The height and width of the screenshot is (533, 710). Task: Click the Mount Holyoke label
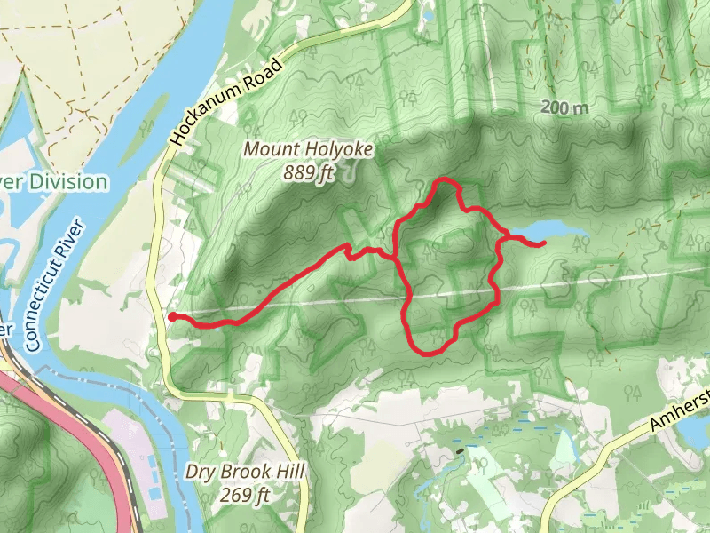pyautogui.click(x=309, y=150)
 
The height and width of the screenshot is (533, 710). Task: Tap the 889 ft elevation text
pyautogui.click(x=309, y=172)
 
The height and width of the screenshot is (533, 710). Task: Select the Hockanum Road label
pyautogui.click(x=228, y=101)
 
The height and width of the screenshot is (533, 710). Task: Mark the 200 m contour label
pyautogui.click(x=565, y=107)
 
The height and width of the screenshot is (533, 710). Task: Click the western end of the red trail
pyautogui.click(x=170, y=315)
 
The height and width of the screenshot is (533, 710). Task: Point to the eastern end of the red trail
pyautogui.click(x=543, y=242)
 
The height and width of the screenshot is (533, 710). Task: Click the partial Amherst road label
pyautogui.click(x=679, y=410)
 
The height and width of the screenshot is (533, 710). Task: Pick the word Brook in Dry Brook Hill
pyautogui.click(x=240, y=473)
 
